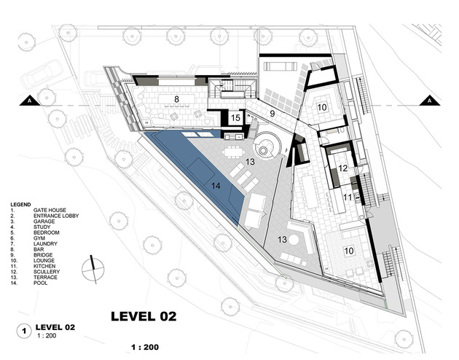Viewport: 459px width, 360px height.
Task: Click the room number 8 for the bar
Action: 176,99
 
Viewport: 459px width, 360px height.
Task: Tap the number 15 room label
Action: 235,118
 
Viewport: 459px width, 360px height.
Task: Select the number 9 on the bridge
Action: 272,114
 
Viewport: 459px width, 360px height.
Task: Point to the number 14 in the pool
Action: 216,186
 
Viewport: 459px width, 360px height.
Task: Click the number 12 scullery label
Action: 342,168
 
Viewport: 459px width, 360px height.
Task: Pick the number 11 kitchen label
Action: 348,197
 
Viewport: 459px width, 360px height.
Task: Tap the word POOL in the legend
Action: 40,283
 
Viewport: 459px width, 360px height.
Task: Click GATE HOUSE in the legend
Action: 50,210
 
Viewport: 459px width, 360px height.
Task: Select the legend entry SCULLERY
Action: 47,272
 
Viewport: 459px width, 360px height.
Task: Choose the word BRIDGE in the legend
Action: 43,255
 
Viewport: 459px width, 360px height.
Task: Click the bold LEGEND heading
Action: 21,204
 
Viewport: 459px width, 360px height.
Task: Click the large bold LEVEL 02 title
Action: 144,316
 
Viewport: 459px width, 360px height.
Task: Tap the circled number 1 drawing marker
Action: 24,331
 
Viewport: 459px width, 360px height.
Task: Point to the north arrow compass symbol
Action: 93,269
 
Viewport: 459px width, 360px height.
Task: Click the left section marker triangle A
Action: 30,101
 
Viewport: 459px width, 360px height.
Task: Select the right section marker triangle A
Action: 429,101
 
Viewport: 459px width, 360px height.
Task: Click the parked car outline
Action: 42,74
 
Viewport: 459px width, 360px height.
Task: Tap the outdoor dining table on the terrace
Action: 233,152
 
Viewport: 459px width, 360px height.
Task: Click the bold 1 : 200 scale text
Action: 145,348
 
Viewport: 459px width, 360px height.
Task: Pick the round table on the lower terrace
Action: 294,240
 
